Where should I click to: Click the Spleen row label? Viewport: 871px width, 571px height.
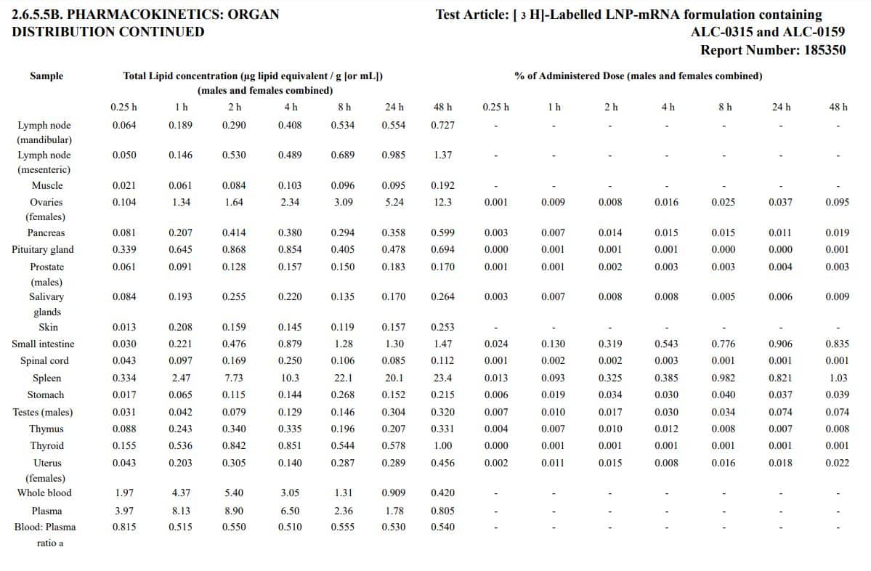[x=46, y=378]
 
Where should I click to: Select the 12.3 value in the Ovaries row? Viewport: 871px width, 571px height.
[x=442, y=202]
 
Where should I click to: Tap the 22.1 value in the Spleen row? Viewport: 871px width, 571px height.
[x=343, y=378]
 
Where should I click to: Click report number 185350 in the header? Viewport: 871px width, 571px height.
[x=825, y=50]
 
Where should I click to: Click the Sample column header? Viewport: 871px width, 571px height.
[x=46, y=76]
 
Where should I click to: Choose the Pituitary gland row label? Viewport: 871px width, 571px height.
[x=43, y=249]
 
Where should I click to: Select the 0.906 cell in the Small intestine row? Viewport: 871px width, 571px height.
[x=781, y=344]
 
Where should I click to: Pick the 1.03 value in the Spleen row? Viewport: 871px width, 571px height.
[x=838, y=378]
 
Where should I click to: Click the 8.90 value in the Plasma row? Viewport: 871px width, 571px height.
[x=234, y=511]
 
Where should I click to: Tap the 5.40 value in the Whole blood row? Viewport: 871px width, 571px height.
[x=234, y=493]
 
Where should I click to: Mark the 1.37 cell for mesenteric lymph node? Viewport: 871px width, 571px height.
[x=442, y=155]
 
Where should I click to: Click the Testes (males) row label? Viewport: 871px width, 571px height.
[x=43, y=412]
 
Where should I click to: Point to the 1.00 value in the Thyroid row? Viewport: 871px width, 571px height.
[x=442, y=445]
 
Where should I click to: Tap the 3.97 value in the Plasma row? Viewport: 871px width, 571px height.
[x=124, y=511]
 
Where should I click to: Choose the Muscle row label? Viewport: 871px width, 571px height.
[x=46, y=185]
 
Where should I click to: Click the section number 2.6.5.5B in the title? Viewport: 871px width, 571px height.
[x=46, y=15]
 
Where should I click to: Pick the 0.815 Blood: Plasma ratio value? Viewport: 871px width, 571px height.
[x=124, y=527]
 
